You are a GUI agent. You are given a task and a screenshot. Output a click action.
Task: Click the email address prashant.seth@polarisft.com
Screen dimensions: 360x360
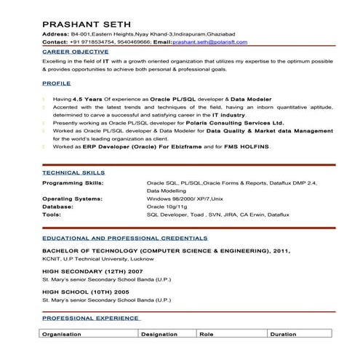(209, 42)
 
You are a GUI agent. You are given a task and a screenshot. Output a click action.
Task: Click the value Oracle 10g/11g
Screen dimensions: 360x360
(167, 207)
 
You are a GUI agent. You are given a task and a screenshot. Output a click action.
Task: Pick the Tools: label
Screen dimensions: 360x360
(52, 215)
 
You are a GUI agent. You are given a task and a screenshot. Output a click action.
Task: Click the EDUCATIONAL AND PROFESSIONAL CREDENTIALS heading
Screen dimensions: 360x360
(124, 239)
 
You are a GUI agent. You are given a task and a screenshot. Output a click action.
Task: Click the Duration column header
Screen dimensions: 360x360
(283, 334)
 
